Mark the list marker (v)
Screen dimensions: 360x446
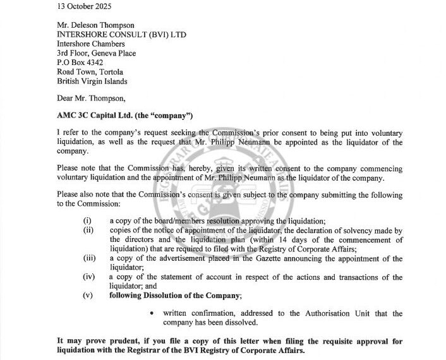[87, 295]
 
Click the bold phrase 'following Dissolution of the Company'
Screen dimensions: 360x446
[174, 295]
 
